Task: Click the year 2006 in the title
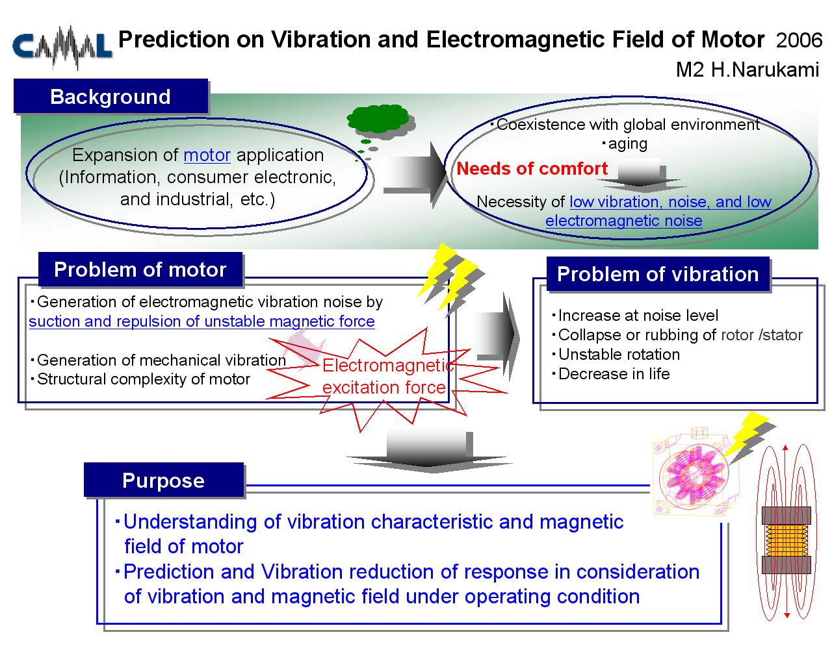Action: (799, 40)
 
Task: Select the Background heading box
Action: (110, 96)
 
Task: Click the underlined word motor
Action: (207, 155)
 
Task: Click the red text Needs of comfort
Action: (532, 168)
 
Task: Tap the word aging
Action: (627, 144)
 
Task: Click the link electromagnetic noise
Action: (623, 221)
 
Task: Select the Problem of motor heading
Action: (140, 270)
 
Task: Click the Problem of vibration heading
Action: (658, 274)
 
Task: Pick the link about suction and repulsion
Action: (201, 321)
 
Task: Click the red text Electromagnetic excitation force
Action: (387, 377)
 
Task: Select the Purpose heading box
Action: (164, 480)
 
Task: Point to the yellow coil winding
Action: (786, 540)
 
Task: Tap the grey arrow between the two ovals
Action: (415, 175)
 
